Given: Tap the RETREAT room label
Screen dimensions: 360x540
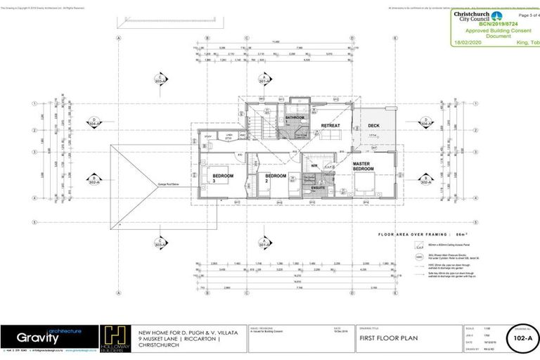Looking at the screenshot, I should click(x=330, y=126).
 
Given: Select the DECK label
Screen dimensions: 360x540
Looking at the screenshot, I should click(x=373, y=127).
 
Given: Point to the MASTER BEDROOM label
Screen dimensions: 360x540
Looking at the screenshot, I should click(x=363, y=167).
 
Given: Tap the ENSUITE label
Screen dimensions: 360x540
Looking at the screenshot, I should click(x=317, y=188).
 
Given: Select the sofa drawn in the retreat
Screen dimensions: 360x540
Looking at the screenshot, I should click(x=328, y=136).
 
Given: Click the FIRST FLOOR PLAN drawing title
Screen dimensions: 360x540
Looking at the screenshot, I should click(x=389, y=338).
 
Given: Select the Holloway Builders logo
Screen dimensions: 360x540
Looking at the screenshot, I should click(x=115, y=337).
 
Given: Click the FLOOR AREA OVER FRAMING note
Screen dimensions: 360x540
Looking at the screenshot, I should click(x=418, y=233).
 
